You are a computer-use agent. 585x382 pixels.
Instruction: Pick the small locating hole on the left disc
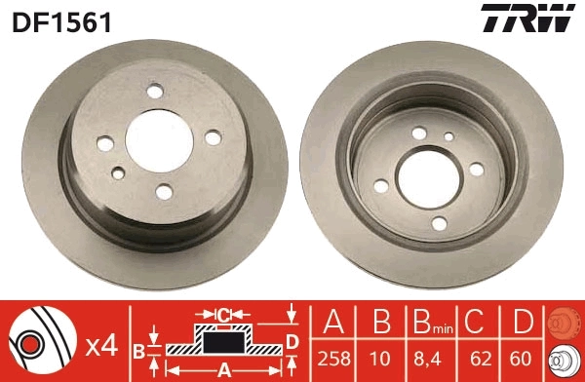tap(119, 172)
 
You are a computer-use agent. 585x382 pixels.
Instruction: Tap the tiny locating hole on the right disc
tap(448, 136)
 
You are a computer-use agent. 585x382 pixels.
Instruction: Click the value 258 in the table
tap(332, 359)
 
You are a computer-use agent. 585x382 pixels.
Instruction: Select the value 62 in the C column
tap(473, 359)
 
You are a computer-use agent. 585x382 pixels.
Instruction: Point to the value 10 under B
tap(377, 359)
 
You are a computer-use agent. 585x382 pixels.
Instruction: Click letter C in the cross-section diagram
tap(223, 315)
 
